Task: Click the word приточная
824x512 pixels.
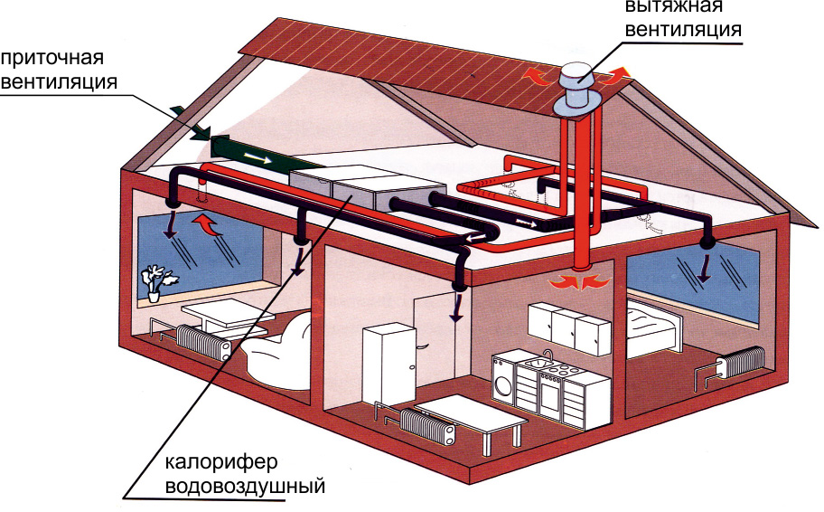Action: [53, 59]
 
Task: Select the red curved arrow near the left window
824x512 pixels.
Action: [207, 223]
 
